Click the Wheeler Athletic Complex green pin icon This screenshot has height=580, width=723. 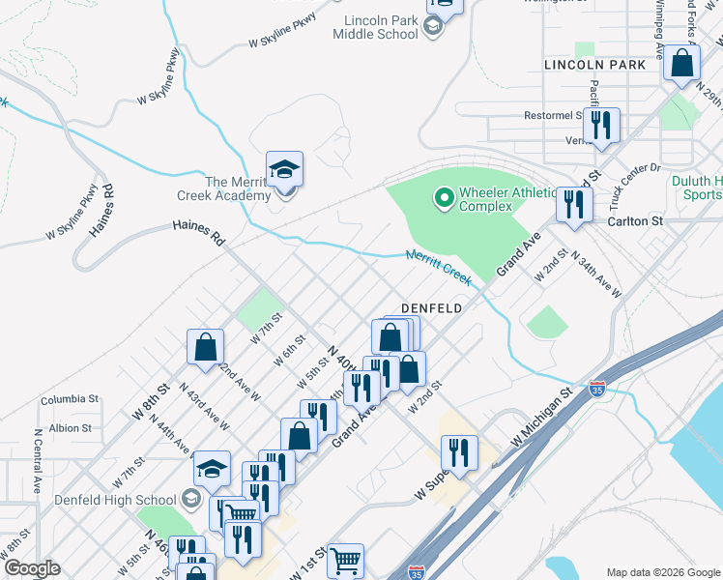tap(444, 199)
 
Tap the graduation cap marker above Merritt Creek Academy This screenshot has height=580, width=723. tap(285, 170)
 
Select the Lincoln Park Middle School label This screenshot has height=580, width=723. tap(375, 26)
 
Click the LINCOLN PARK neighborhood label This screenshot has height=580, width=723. tap(594, 65)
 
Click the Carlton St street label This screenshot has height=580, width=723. tap(635, 220)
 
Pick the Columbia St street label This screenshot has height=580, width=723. tap(70, 398)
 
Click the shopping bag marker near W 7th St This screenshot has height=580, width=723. tap(206, 347)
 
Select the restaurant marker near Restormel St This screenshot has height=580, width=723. tap(601, 125)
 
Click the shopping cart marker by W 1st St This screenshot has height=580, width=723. tap(345, 560)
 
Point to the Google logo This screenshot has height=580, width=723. tap(31, 568)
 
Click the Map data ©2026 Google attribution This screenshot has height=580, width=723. tap(662, 572)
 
